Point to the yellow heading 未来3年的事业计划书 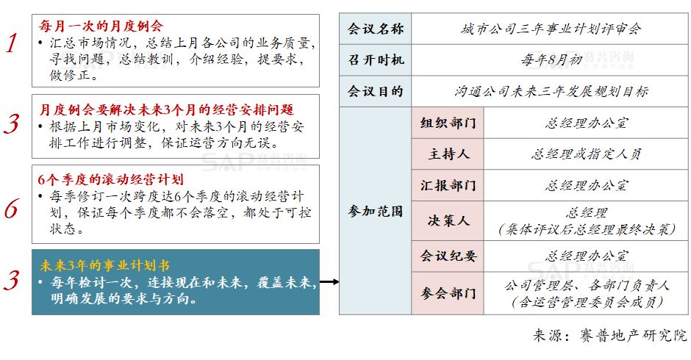pos(105,264)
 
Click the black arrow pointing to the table pos(329,281)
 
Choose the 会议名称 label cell pos(375,29)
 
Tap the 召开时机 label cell pos(375,60)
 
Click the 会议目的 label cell pos(375,91)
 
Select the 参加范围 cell pos(375,211)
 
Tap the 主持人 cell pos(448,154)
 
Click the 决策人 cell pos(448,220)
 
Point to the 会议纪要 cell pos(448,256)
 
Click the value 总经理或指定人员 pos(587,154)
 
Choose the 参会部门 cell pos(448,293)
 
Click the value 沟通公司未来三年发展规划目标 pos(551,91)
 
